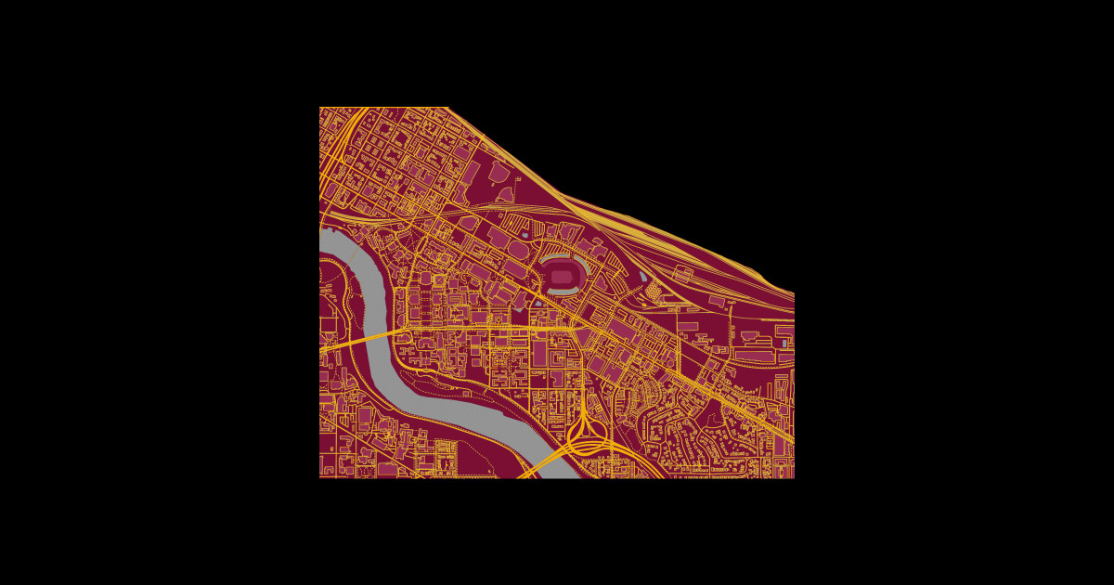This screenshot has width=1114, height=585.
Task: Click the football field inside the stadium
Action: [x=562, y=276]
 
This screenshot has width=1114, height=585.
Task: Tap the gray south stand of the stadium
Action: [x=562, y=292]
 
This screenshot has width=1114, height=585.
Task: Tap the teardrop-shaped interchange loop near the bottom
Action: [x=583, y=429]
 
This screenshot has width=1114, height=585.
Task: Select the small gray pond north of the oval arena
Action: [x=526, y=235]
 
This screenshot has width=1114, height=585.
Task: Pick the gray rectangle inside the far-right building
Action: [x=784, y=343]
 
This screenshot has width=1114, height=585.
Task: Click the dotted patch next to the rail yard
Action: [x=653, y=291]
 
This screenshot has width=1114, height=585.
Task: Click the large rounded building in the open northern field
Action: [x=499, y=173]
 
